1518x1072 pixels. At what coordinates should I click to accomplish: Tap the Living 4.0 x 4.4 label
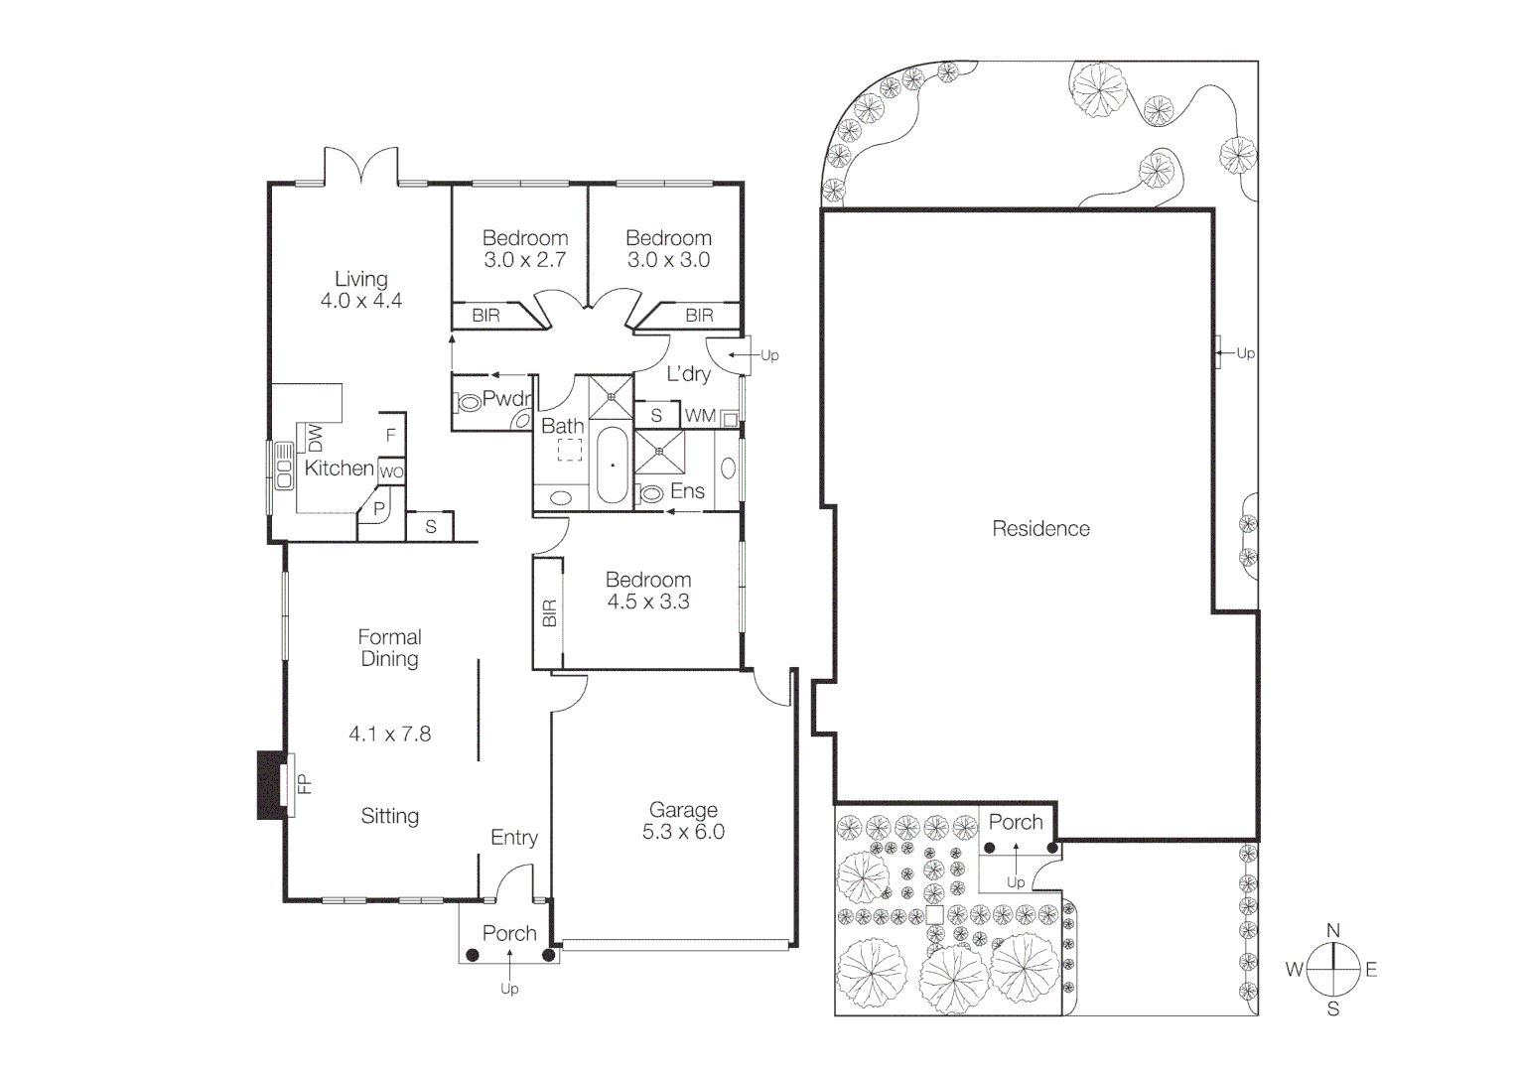(360, 290)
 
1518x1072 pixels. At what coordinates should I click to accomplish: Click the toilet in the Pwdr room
(466, 403)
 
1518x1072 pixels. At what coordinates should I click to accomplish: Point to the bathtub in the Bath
(612, 465)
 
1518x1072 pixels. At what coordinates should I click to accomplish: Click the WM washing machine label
(700, 416)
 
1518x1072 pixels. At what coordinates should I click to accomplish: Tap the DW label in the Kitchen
(315, 438)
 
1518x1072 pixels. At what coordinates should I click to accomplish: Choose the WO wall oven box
(391, 472)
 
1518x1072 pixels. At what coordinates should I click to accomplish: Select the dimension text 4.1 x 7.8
(389, 735)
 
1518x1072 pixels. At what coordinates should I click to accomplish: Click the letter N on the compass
(1332, 931)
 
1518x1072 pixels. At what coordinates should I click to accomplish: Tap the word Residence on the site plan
(1040, 529)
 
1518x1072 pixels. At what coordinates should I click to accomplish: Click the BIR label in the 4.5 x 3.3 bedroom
(549, 613)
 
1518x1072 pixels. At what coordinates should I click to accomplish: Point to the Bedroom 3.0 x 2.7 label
(524, 249)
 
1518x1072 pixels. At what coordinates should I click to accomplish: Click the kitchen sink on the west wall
(284, 467)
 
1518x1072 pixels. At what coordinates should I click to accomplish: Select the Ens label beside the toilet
(687, 491)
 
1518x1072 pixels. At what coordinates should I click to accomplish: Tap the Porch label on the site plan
(1015, 822)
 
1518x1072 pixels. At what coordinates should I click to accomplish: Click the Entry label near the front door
(513, 838)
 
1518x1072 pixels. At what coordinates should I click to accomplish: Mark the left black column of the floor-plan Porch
(473, 955)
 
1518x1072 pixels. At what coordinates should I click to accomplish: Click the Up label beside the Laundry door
(769, 355)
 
